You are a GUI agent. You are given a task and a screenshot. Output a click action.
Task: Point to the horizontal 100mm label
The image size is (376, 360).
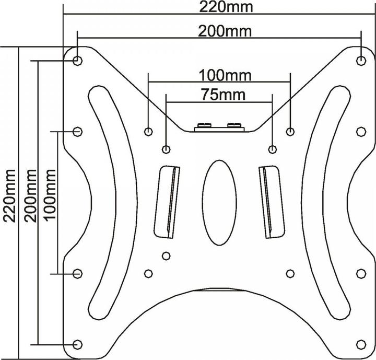219,75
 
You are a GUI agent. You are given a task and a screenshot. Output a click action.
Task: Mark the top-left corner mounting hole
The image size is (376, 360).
77,61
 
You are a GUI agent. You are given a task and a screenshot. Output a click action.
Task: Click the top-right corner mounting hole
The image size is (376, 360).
361,61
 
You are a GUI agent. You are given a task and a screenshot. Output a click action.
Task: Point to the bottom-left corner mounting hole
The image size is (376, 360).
77,344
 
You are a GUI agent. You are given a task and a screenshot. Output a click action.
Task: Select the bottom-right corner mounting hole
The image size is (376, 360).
361,344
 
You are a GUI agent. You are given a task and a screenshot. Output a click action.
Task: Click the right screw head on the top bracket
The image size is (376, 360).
234,125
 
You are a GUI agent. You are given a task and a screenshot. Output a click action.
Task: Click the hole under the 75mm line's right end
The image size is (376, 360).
272,149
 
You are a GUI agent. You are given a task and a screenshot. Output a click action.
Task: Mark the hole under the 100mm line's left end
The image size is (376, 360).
148,131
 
